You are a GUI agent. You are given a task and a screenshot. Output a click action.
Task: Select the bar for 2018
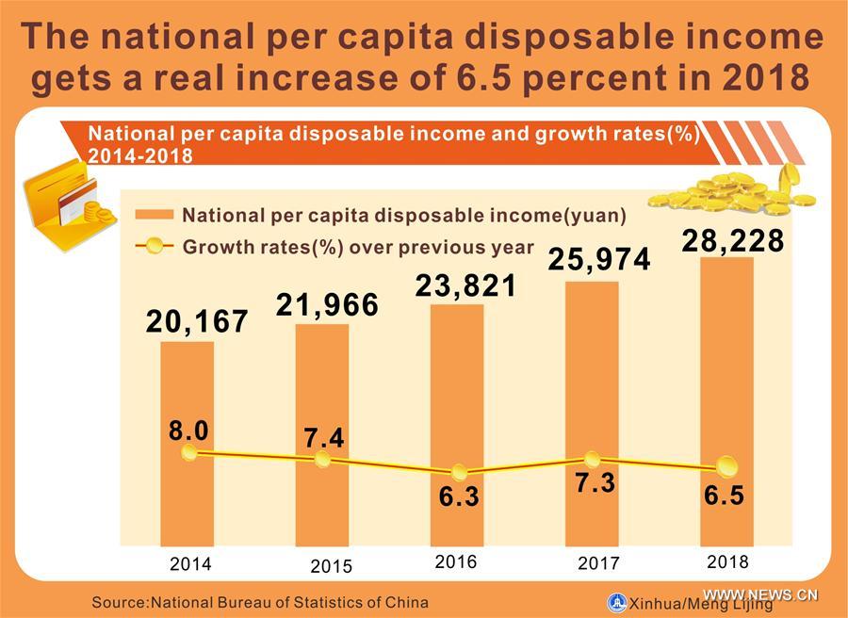pyautogui.click(x=726, y=377)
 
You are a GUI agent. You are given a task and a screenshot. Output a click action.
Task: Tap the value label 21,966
pyautogui.click(x=327, y=304)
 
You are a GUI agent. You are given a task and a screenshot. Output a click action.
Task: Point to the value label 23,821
pyautogui.click(x=466, y=285)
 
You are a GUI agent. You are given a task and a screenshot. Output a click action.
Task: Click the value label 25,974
pyautogui.click(x=599, y=260)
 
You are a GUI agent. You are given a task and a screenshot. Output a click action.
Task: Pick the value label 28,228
pyautogui.click(x=732, y=240)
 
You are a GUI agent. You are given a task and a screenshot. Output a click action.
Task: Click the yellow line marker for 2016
pyautogui.click(x=459, y=473)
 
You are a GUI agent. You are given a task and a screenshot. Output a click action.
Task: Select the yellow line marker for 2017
pyautogui.click(x=592, y=460)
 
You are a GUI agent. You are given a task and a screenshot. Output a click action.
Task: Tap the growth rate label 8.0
pyautogui.click(x=188, y=431)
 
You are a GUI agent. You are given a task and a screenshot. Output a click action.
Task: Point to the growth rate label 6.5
pyautogui.click(x=726, y=495)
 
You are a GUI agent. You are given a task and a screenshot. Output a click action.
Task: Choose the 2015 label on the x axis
pyautogui.click(x=331, y=566)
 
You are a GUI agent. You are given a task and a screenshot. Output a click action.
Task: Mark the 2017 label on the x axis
pyautogui.click(x=598, y=563)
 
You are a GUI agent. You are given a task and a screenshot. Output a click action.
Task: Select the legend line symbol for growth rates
pyautogui.click(x=154, y=248)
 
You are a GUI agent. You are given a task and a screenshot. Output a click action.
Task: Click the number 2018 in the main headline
pyautogui.click(x=764, y=78)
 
